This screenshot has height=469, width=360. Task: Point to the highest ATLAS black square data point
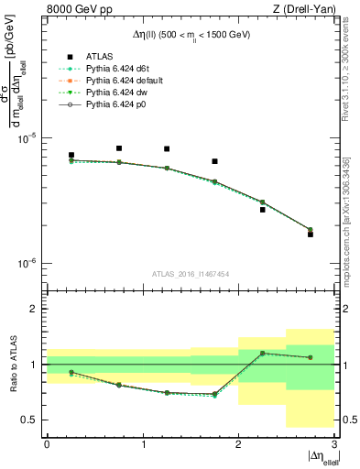[119, 148]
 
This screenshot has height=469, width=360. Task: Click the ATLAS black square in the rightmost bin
[310, 234]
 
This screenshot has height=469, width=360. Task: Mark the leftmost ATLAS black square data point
[71, 156]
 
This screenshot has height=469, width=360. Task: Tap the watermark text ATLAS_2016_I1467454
[191, 274]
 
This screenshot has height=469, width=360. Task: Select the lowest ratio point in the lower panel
[214, 396]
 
